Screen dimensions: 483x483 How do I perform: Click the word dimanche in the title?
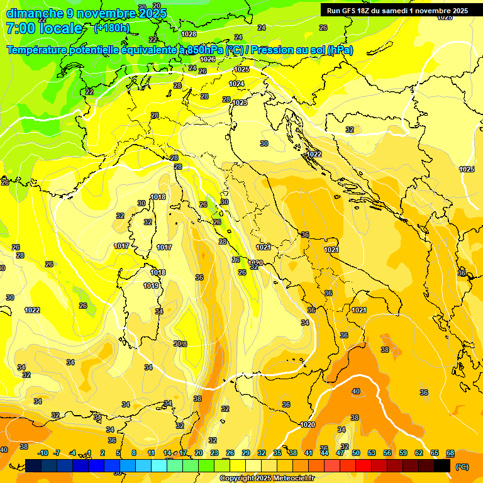coord(35,13)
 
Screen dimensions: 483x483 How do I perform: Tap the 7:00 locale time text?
coord(44,28)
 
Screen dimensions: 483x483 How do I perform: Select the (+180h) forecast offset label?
coord(112,28)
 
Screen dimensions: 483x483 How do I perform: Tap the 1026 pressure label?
coord(208,59)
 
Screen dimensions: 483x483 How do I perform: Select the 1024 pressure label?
coord(236,84)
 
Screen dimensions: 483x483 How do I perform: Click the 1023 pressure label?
coord(240,103)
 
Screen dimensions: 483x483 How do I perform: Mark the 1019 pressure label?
coord(151,286)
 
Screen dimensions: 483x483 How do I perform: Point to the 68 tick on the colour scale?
coord(450,453)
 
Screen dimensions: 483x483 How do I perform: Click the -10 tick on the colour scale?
coord(43,453)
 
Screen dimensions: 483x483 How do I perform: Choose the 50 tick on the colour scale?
coord(356,453)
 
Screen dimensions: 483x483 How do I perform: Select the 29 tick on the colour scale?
coord(246,453)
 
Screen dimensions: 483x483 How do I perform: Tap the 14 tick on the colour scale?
coord(167,453)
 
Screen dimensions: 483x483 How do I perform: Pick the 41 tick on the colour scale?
coord(309,453)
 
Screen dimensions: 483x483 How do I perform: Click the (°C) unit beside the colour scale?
coord(462,467)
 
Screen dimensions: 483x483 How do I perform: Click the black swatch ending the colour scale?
coord(442,465)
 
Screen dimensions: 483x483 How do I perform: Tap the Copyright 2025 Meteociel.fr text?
coord(267,478)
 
